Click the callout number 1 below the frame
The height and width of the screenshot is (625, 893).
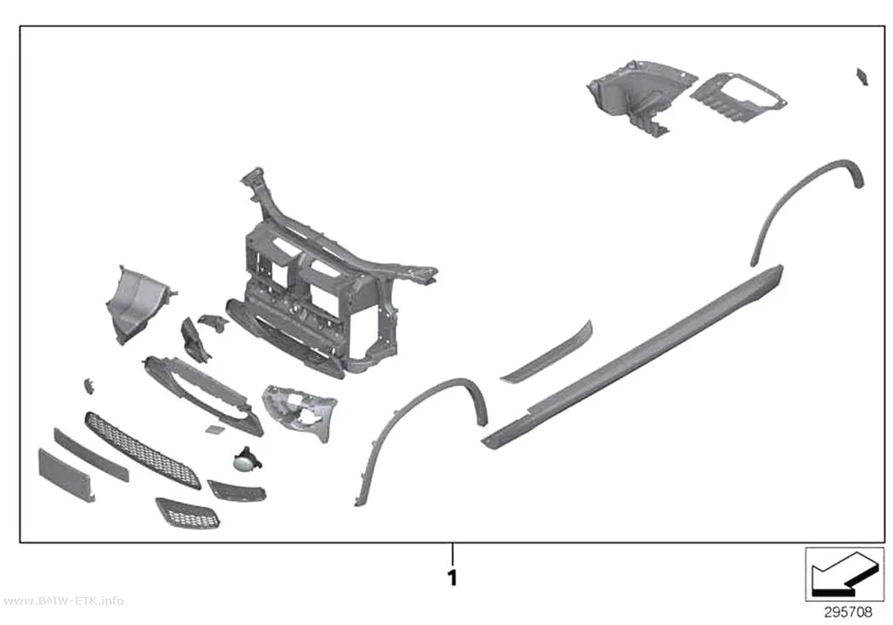pos(452,577)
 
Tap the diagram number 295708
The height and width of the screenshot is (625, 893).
pos(848,612)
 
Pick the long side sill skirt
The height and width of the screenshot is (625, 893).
pos(632,357)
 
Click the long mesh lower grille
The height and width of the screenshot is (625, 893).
pos(142,450)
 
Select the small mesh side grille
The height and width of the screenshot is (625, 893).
pos(187,513)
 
